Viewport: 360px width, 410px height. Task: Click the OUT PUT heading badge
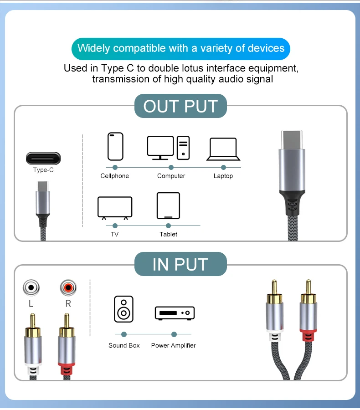[180, 106]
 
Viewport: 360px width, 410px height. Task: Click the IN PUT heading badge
[180, 264]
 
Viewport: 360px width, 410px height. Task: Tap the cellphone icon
[115, 146]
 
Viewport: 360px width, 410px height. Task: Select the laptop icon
[223, 149]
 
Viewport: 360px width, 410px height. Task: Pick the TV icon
[115, 208]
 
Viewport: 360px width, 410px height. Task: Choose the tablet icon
[168, 205]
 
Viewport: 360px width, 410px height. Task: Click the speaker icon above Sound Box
[124, 309]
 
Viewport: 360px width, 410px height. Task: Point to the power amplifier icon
[175, 313]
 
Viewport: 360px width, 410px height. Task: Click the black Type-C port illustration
[43, 159]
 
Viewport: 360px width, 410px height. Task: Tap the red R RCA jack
[68, 287]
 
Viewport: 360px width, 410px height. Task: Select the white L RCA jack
[31, 287]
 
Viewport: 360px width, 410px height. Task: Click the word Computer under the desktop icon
[171, 176]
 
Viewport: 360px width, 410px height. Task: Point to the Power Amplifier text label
[174, 345]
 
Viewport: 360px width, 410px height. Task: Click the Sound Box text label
[124, 345]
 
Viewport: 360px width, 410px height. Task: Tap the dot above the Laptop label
[223, 167]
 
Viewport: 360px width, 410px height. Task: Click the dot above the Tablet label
[168, 225]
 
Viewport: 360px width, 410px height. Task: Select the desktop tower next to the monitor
[183, 148]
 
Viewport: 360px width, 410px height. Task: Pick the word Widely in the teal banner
[94, 48]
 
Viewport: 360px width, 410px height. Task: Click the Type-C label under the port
[43, 170]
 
